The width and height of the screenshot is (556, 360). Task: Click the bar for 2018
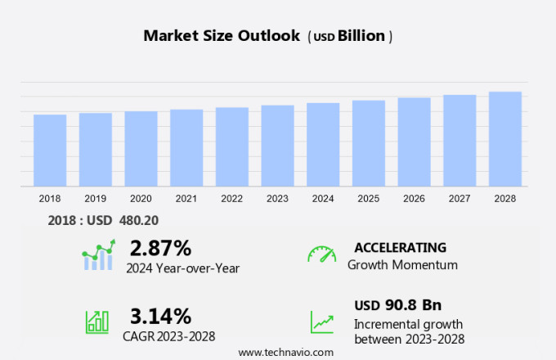click(x=50, y=151)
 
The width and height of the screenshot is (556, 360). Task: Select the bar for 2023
click(x=277, y=146)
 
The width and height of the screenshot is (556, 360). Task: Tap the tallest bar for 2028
click(x=505, y=139)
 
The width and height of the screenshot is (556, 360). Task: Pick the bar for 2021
click(x=186, y=148)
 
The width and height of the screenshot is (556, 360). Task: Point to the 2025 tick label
click(x=369, y=199)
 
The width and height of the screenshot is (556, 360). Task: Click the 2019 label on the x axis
click(x=96, y=199)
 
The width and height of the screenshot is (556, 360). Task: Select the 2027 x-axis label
click(x=460, y=199)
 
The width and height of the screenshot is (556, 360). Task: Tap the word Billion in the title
click(x=364, y=36)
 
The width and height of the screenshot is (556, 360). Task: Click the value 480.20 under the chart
click(x=139, y=220)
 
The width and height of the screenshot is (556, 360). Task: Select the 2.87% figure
click(x=160, y=248)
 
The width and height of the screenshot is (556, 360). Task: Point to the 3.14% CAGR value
click(x=160, y=316)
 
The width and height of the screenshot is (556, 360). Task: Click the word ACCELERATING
click(x=400, y=247)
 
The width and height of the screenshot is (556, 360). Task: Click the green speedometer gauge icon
click(x=321, y=254)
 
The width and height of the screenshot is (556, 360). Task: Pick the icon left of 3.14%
click(x=97, y=322)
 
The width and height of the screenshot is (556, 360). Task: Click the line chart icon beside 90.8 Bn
click(x=321, y=322)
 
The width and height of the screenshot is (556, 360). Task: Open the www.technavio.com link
click(x=285, y=352)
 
